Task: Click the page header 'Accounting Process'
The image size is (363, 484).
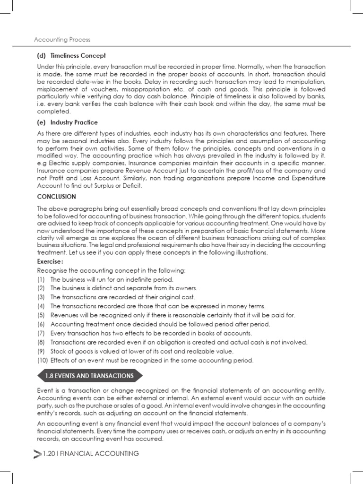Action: (x=62, y=40)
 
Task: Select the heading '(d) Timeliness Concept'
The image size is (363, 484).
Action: (x=71, y=56)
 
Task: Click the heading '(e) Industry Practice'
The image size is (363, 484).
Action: (x=68, y=122)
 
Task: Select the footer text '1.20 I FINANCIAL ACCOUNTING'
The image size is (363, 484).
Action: (x=90, y=454)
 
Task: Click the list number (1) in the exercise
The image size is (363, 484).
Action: (x=41, y=279)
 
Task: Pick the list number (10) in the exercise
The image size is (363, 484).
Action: (x=43, y=361)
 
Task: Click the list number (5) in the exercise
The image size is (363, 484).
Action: (x=41, y=315)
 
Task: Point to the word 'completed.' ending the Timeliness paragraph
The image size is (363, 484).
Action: (x=54, y=112)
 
